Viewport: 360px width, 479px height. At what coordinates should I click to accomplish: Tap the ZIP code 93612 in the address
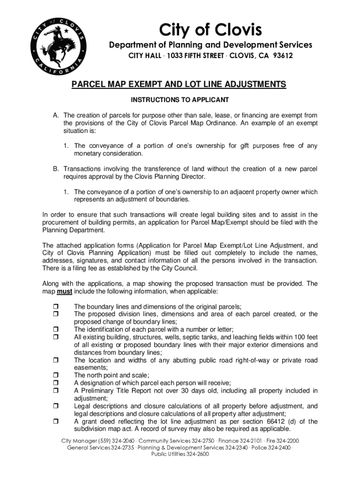[x=282, y=56]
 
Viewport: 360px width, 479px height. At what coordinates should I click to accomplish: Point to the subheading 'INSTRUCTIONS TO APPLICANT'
[x=180, y=100]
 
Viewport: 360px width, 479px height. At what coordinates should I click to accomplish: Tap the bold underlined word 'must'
[x=64, y=291]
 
